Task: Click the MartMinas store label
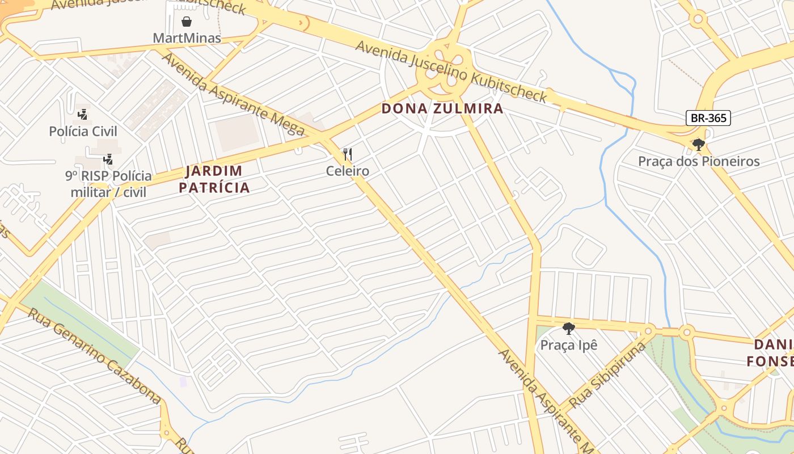pyautogui.click(x=187, y=39)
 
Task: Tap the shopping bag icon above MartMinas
pyautogui.click(x=187, y=22)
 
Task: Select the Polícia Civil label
pyautogui.click(x=83, y=132)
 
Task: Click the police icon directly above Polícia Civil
pyautogui.click(x=83, y=114)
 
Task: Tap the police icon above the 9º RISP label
pyautogui.click(x=108, y=159)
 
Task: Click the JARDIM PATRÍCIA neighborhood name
pyautogui.click(x=214, y=179)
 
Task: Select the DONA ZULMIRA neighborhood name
pyautogui.click(x=442, y=108)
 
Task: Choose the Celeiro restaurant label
pyautogui.click(x=348, y=171)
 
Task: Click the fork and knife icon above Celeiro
pyautogui.click(x=348, y=154)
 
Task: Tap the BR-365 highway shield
pyautogui.click(x=708, y=118)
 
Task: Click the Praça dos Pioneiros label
pyautogui.click(x=699, y=161)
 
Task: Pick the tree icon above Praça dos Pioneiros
pyautogui.click(x=699, y=145)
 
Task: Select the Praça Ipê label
pyautogui.click(x=569, y=345)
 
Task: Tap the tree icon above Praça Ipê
pyautogui.click(x=569, y=329)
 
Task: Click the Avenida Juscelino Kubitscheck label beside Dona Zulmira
pyautogui.click(x=451, y=71)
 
